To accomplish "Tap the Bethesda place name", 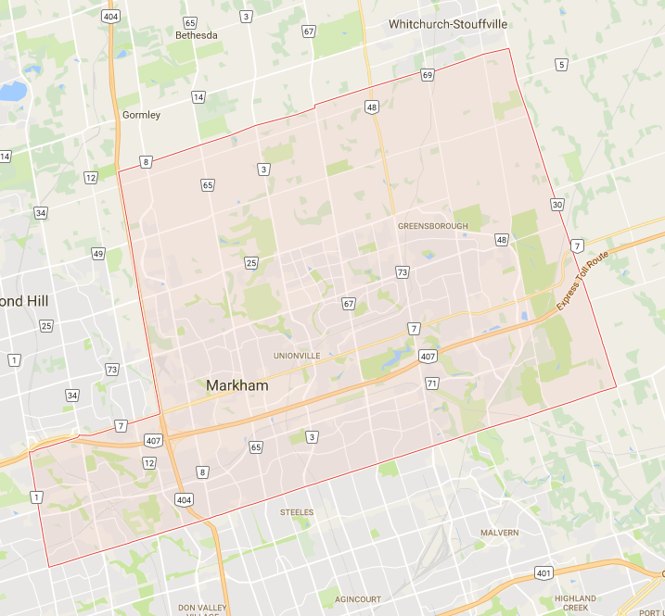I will tap(196, 35).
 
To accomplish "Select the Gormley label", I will tap(141, 115).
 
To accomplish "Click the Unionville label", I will tap(297, 355).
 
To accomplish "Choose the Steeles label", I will tap(297, 511).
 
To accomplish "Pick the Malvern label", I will tap(499, 533).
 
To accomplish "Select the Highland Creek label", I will tap(575, 604).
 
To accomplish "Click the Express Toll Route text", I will tap(582, 282).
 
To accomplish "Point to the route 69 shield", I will tap(427, 75).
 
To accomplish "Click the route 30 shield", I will tap(556, 204).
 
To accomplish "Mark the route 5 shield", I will tap(560, 64).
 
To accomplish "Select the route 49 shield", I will tap(98, 254).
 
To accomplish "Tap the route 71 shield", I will tap(431, 383).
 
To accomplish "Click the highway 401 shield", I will tap(544, 574).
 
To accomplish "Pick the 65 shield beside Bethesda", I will tap(190, 22).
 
